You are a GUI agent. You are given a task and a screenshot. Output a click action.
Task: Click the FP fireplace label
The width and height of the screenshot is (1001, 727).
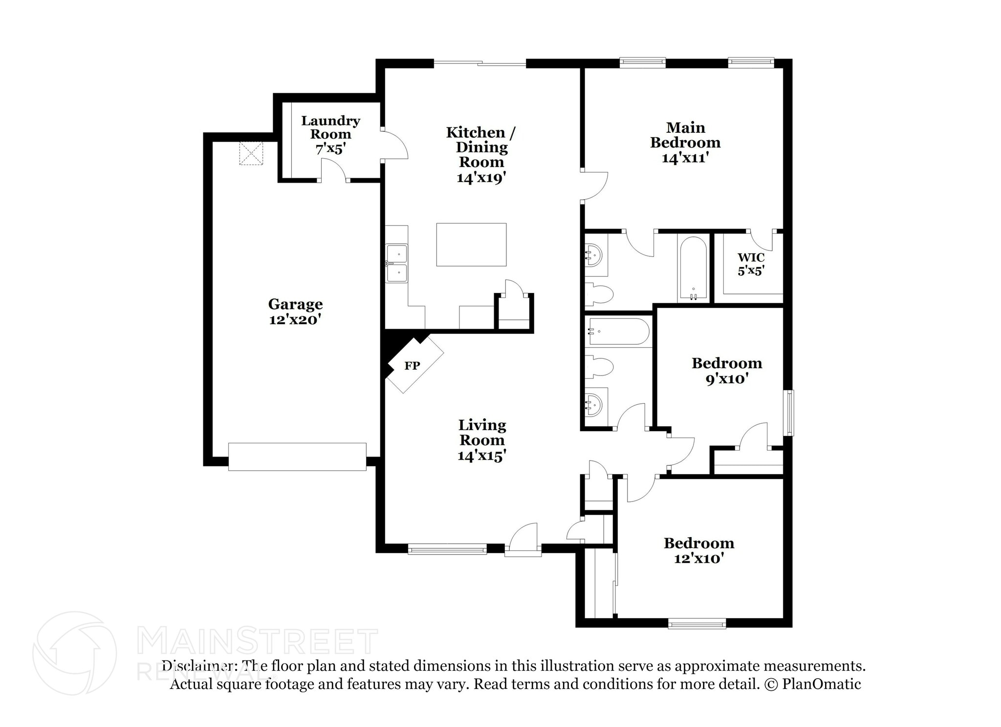[x=412, y=366]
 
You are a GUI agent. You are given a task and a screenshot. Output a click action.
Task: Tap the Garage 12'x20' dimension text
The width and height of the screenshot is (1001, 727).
[x=295, y=320]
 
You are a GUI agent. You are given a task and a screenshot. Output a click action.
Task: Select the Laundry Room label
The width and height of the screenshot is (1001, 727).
[x=330, y=127]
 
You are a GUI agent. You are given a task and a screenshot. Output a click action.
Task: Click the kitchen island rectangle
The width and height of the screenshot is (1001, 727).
[x=471, y=244]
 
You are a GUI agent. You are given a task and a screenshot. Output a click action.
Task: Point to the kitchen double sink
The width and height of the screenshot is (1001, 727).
[x=397, y=264]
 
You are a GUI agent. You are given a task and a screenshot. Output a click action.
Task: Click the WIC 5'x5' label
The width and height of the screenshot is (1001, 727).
[x=751, y=264]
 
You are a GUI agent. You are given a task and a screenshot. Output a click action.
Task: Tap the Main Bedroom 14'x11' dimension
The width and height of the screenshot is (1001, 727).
[x=685, y=158]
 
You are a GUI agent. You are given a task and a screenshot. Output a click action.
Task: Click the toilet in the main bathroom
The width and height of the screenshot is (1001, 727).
[x=600, y=293]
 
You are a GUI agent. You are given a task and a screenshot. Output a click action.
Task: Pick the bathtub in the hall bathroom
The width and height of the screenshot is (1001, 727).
[x=619, y=332]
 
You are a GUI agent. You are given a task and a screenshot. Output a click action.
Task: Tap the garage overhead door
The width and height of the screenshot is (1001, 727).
[x=297, y=457]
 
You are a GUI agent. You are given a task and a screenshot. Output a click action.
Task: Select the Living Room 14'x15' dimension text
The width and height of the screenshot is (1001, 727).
[x=481, y=456]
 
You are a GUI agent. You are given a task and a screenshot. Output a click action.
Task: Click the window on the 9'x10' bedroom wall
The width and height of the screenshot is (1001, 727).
[x=790, y=412]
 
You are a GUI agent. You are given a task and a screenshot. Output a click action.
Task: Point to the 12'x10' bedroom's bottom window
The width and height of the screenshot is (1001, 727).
[x=696, y=623]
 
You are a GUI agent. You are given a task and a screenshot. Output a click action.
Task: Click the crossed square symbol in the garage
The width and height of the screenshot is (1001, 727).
[x=251, y=153]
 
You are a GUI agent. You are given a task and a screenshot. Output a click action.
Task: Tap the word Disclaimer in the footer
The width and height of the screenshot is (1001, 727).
[x=197, y=666]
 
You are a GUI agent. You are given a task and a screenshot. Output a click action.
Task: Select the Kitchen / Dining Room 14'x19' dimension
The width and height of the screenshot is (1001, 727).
[x=481, y=177]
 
